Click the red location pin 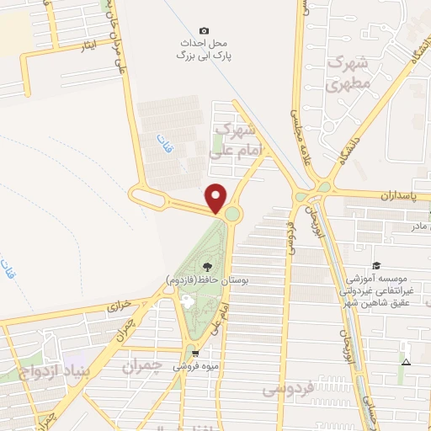click(x=216, y=198)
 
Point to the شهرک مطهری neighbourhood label click(x=349, y=74)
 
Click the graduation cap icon click(x=376, y=266)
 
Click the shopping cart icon click(x=195, y=354)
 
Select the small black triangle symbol click(x=406, y=363)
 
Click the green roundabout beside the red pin click(x=232, y=215)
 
